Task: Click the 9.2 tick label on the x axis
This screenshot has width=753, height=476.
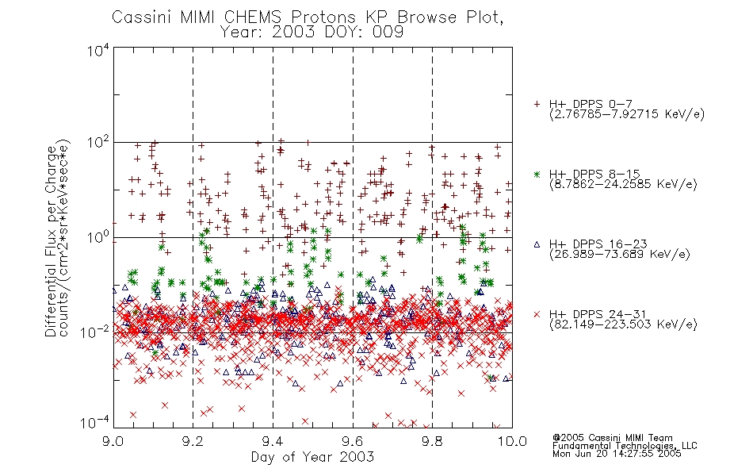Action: [193, 441]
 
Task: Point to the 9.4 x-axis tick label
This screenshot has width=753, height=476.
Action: [273, 441]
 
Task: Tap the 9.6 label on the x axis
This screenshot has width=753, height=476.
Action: [353, 441]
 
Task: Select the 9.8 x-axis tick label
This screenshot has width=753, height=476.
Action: [432, 441]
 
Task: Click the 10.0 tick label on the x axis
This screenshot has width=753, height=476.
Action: [512, 441]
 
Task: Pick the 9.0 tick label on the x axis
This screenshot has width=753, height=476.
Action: [113, 441]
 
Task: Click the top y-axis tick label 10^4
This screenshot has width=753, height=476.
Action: [97, 50]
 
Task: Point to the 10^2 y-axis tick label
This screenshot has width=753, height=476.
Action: [97, 143]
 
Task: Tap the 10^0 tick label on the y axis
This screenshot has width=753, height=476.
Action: [97, 237]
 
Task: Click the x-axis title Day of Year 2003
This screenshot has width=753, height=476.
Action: [312, 457]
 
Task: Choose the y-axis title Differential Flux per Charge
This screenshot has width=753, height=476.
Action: [51, 241]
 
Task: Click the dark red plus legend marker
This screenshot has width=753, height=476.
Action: [537, 104]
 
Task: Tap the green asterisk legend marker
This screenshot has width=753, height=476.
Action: [537, 174]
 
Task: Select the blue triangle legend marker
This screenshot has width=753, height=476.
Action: [537, 244]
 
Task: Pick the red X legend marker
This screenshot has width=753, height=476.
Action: [537, 314]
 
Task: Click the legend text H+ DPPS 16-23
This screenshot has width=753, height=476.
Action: [598, 244]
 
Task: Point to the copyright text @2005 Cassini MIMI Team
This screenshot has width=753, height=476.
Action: [612, 438]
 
